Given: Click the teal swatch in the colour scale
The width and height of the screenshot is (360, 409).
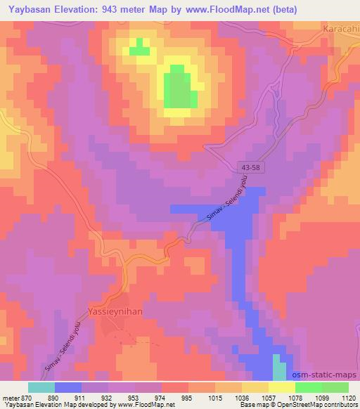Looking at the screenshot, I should [x=41, y=387].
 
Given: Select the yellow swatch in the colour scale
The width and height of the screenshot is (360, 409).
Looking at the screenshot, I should [x=281, y=387].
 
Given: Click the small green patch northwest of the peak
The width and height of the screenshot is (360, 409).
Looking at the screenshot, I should [x=139, y=47].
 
